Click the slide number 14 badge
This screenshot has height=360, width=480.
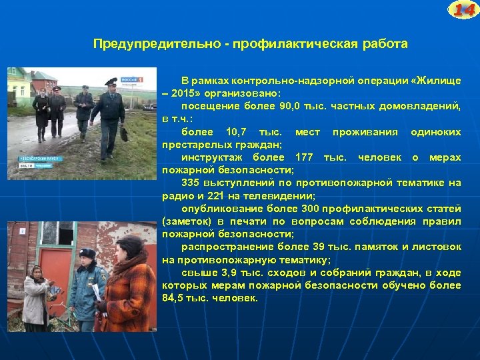click(x=463, y=10)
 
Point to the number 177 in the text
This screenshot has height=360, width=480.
click(x=304, y=157)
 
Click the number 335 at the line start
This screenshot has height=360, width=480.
click(x=191, y=182)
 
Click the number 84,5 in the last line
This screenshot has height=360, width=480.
click(x=175, y=298)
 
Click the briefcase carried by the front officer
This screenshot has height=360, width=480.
click(x=124, y=133)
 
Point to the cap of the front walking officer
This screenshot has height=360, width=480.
click(x=111, y=81)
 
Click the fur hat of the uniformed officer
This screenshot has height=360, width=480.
click(x=87, y=253)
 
